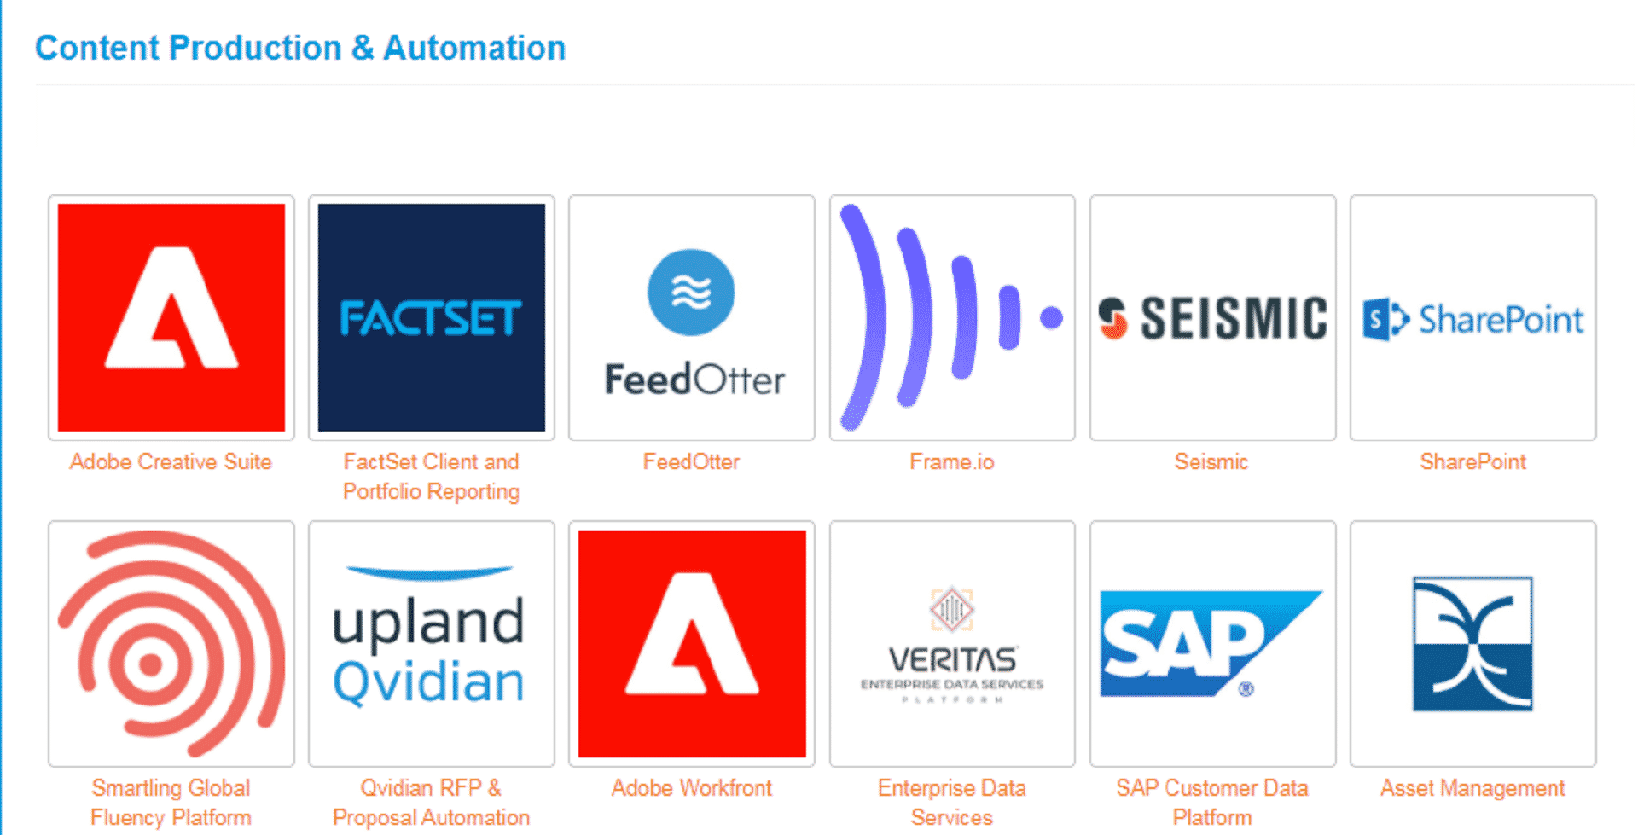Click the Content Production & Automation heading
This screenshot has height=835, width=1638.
click(x=300, y=48)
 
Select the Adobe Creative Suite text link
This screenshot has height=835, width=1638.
click(x=171, y=462)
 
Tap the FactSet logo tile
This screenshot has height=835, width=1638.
click(x=432, y=317)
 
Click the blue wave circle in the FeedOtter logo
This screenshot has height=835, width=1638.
click(x=691, y=293)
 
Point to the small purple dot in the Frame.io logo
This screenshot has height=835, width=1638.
click(x=1051, y=317)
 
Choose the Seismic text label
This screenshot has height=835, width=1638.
click(x=1211, y=462)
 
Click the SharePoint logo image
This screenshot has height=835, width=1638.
click(x=1472, y=319)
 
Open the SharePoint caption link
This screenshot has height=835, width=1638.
click(x=1472, y=462)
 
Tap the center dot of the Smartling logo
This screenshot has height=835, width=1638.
click(x=150, y=664)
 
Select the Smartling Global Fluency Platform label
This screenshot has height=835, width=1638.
click(x=171, y=803)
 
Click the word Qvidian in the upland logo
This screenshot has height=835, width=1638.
click(x=428, y=682)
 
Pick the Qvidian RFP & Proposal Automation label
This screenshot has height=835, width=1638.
click(x=432, y=803)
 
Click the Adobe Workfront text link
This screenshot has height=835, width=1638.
click(x=691, y=788)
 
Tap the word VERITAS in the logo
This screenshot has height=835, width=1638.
click(x=952, y=659)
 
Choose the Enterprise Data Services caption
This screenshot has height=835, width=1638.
click(x=952, y=803)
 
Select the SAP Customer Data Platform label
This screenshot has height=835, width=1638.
click(x=1211, y=803)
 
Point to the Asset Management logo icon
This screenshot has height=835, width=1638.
click(x=1472, y=644)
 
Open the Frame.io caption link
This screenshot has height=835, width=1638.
click(x=952, y=462)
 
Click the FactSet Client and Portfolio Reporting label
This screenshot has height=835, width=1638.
click(x=432, y=477)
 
